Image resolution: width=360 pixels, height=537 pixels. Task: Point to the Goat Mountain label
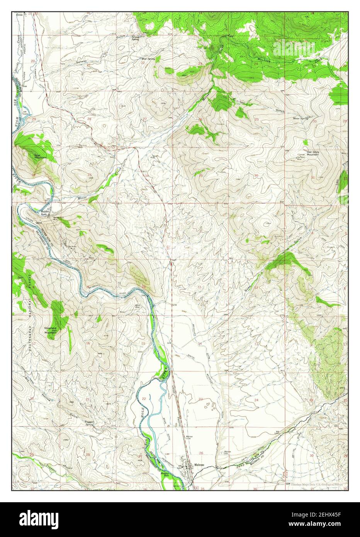pyautogui.click(x=37, y=156)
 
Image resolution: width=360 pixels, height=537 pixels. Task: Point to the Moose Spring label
pyautogui.click(x=300, y=118)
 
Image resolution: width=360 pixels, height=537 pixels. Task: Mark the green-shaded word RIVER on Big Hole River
pyautogui.click(x=165, y=374)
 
